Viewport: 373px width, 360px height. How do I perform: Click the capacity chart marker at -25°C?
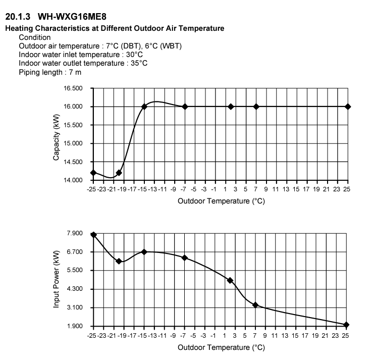93,173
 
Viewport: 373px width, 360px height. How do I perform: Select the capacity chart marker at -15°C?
144,107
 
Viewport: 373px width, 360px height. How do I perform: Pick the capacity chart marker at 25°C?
348,107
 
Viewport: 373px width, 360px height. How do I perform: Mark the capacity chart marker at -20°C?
119,173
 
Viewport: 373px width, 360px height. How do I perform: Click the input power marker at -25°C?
93,235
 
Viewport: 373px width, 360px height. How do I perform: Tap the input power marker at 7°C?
256,305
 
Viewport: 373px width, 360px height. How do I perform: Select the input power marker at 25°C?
346,325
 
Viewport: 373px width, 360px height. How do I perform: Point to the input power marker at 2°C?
231,280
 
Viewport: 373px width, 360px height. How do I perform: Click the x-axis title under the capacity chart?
221,201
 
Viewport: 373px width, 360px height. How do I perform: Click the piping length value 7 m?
75,72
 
